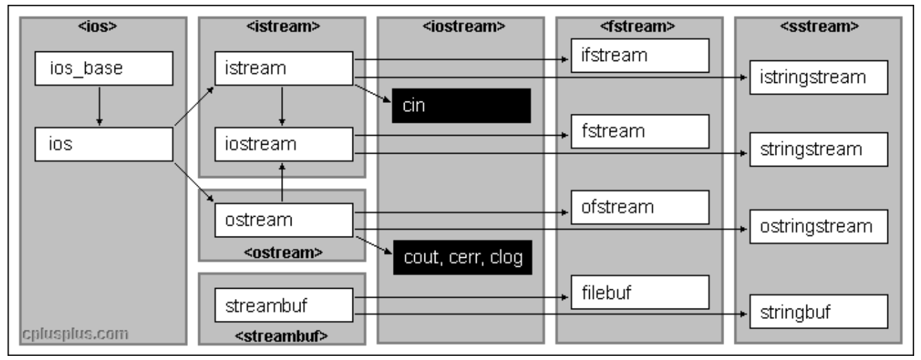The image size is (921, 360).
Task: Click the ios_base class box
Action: (x=104, y=69)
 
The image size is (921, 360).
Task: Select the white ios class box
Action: (x=104, y=145)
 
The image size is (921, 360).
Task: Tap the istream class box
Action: (x=283, y=69)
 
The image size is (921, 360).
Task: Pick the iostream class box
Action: (x=283, y=144)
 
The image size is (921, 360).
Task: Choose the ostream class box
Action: (x=283, y=220)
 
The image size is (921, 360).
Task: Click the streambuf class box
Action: (x=283, y=307)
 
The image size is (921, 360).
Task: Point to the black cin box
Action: (x=462, y=106)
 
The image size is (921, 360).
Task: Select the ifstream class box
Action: (x=639, y=56)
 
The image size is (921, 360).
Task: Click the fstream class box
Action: (x=639, y=131)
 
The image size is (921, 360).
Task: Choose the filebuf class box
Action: (x=639, y=292)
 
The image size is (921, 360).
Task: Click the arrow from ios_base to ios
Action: (x=100, y=106)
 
